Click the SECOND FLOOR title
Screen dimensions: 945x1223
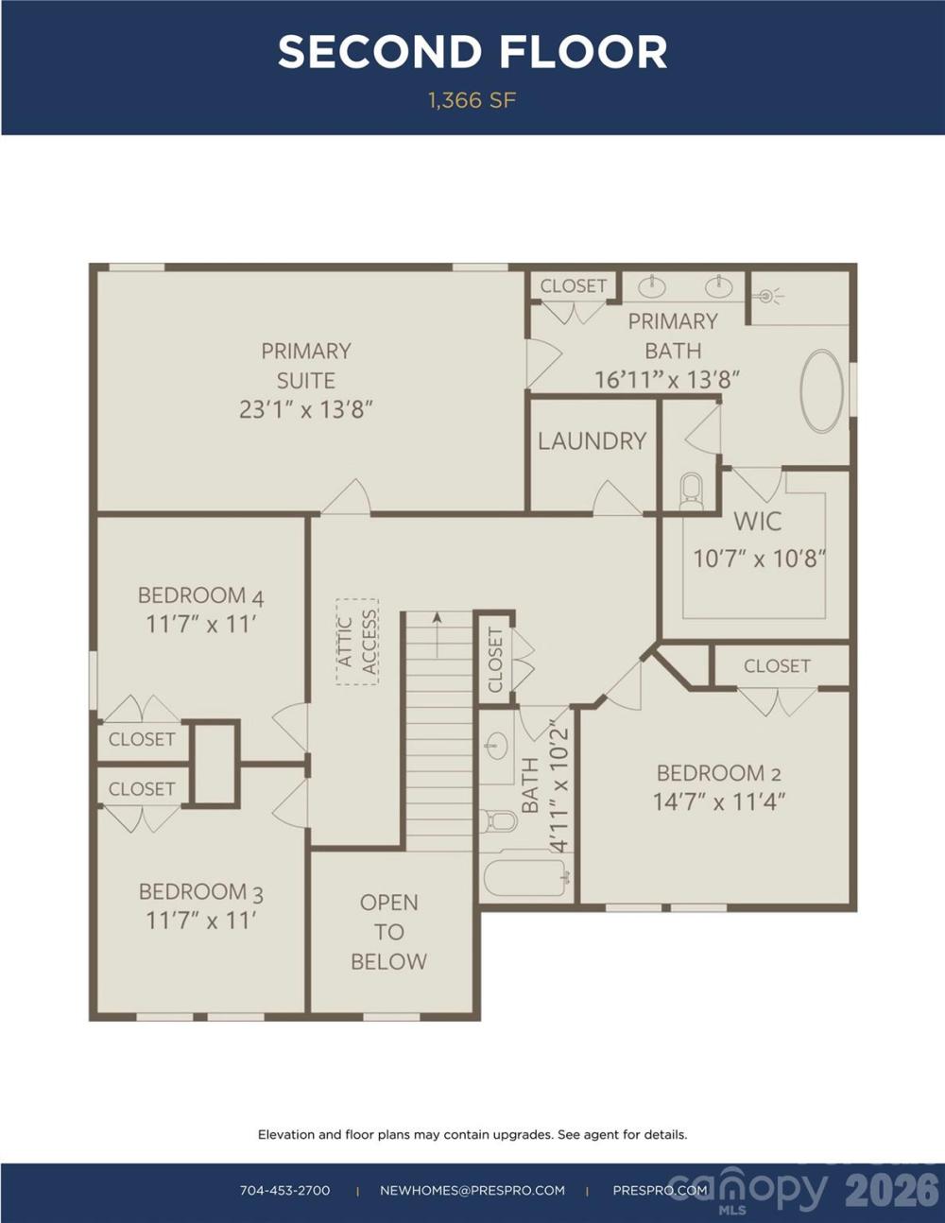(x=472, y=52)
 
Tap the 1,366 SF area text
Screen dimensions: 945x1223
(x=472, y=100)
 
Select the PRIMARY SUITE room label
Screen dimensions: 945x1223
(x=306, y=366)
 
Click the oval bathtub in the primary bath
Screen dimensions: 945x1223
(x=822, y=391)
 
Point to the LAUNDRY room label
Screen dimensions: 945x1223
(x=593, y=441)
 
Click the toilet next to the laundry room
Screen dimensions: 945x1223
(x=692, y=491)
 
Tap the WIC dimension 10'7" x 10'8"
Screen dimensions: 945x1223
(x=759, y=559)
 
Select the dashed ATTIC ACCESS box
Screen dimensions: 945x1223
(x=357, y=642)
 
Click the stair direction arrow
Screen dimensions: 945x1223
(x=437, y=635)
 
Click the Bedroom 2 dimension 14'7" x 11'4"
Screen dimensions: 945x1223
(x=719, y=801)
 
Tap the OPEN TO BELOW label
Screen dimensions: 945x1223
(x=388, y=932)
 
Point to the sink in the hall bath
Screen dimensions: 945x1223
(x=497, y=747)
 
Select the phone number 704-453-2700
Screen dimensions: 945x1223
(x=285, y=1190)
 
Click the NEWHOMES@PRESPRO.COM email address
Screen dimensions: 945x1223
(x=472, y=1190)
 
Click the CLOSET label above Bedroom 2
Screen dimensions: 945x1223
(x=777, y=666)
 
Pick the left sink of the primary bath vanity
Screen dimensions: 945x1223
(x=652, y=287)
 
